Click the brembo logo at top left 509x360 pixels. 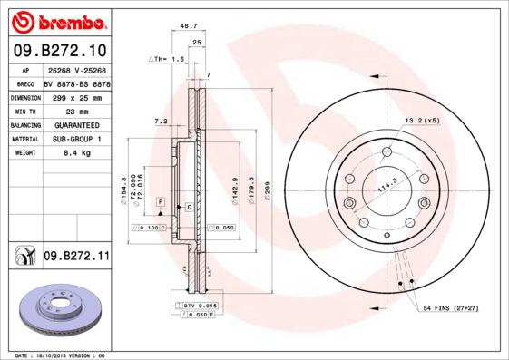pyautogui.click(x=55, y=20)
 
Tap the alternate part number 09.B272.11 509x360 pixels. pyautogui.click(x=76, y=257)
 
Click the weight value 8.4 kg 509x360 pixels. pyautogui.click(x=75, y=153)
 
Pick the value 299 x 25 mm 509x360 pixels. pyautogui.click(x=75, y=95)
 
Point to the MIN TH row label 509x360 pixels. pyautogui.click(x=25, y=110)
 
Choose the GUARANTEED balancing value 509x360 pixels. pyautogui.click(x=75, y=124)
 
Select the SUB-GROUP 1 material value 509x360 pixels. pyautogui.click(x=75, y=139)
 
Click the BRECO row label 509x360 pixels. pyautogui.click(x=25, y=82)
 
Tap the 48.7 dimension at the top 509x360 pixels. pyautogui.click(x=189, y=28)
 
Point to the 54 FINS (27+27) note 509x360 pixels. pyautogui.click(x=452, y=310)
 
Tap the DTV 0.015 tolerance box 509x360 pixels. pyautogui.click(x=201, y=306)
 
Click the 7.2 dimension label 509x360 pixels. pyautogui.click(x=160, y=120)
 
